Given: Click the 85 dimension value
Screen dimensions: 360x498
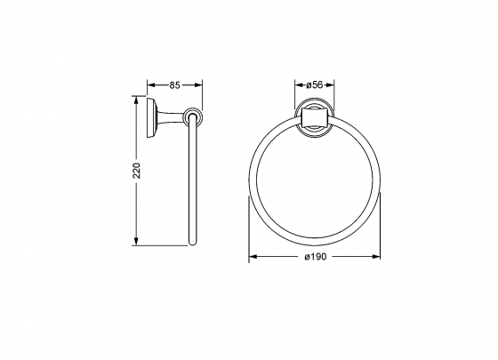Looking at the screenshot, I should tap(174, 85).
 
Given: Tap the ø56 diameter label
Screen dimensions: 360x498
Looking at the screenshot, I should tap(314, 85).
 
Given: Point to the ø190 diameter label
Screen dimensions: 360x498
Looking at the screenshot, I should tap(317, 257).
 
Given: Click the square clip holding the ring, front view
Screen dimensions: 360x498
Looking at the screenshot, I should tap(314, 117).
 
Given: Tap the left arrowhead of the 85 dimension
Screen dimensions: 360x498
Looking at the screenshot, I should tap(150, 85).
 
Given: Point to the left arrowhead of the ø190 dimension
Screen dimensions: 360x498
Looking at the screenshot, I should tap(252, 257).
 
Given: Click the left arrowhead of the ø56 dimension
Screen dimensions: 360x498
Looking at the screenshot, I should tap(298, 85).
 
